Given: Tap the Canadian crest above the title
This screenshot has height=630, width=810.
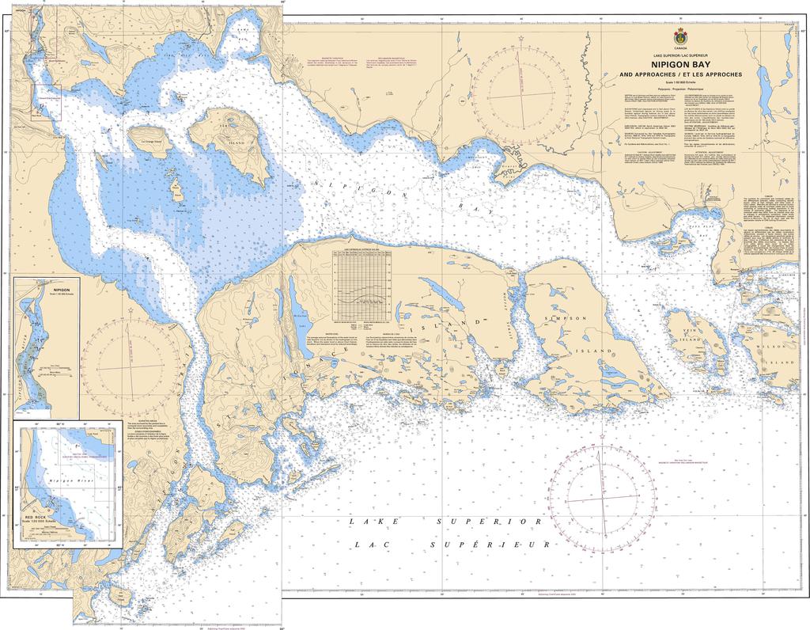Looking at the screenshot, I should (x=679, y=38).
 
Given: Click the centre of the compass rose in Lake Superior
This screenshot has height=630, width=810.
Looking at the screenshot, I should (x=604, y=496).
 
